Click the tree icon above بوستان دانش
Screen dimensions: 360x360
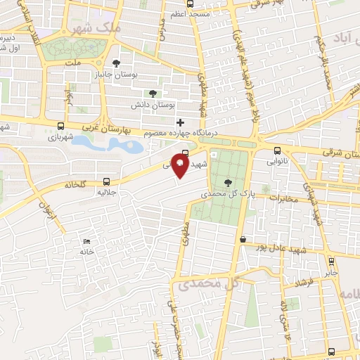click(x=153, y=94)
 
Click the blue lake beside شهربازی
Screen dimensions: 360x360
click(x=105, y=144)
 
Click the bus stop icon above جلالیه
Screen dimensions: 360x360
click(x=106, y=181)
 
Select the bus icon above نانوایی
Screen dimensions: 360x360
click(x=277, y=150)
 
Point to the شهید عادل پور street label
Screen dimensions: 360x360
click(x=281, y=249)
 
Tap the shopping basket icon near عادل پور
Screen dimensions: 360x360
click(x=243, y=240)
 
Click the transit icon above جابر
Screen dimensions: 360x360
click(x=332, y=262)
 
